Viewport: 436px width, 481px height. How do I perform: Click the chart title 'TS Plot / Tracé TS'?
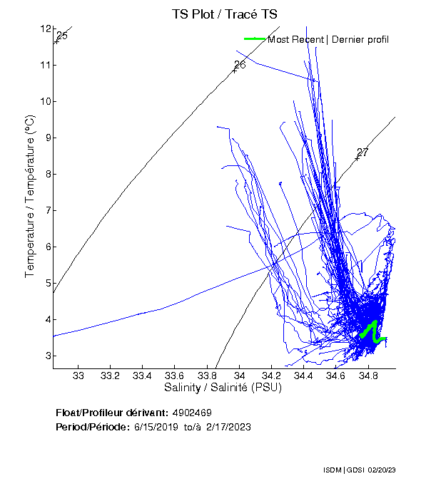point(225,14)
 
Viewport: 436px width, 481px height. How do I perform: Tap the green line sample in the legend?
point(255,38)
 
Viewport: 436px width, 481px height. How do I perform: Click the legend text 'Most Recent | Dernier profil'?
point(328,38)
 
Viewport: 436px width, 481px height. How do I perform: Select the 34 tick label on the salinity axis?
point(240,376)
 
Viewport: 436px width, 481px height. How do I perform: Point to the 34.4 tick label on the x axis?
point(304,376)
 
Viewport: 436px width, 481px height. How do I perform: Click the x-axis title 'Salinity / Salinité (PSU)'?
point(223,388)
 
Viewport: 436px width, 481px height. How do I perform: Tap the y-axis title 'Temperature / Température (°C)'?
point(30,197)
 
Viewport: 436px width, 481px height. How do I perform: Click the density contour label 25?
point(61,36)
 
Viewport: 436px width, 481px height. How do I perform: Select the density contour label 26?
point(240,65)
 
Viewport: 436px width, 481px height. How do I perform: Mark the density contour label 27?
point(363,152)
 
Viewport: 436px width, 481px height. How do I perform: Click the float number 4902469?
point(192,413)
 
